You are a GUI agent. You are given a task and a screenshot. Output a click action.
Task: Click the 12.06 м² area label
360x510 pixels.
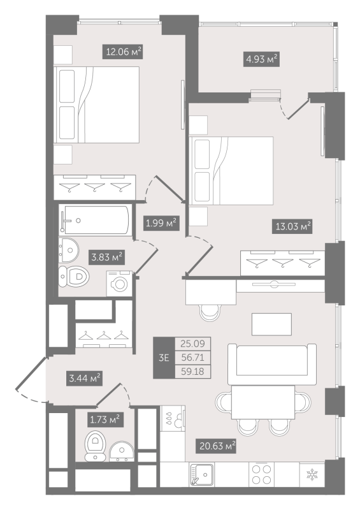122,52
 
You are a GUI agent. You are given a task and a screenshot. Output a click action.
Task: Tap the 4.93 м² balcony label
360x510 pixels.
261,59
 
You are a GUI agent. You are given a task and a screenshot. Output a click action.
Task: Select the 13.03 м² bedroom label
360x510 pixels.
292,226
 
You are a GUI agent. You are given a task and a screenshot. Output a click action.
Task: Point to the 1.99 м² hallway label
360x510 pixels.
161,223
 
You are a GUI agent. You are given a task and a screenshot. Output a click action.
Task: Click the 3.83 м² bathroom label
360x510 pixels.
106,258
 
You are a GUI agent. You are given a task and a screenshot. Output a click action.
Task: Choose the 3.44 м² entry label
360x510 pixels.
84,379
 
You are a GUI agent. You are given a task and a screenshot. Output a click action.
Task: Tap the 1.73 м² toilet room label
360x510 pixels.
104,419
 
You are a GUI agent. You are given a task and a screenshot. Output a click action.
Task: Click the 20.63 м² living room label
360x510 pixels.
215,446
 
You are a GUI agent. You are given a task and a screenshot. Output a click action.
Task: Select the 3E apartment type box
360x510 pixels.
164,358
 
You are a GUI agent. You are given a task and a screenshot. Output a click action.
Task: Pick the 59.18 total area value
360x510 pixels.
192,372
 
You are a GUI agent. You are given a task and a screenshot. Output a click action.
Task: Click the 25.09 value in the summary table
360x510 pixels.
192,344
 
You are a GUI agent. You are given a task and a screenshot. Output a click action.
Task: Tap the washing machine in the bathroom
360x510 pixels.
119,283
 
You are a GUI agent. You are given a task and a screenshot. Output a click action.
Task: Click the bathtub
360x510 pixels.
94,220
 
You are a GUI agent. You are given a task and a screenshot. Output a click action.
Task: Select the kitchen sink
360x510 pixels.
201,474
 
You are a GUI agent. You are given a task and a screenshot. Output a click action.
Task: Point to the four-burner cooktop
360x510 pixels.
262,474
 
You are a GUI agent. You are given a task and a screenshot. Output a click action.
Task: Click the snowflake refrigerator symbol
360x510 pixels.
312,474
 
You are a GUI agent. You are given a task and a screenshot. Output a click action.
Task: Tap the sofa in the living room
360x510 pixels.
272,364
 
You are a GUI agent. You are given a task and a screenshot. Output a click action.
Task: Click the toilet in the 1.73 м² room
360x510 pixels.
96,446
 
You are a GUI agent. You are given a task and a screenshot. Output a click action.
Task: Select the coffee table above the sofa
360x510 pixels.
271,324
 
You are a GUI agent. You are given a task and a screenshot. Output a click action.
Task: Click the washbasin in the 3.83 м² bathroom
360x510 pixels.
69,250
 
